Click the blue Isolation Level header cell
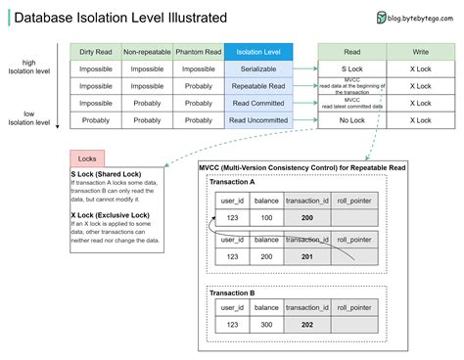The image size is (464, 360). point(258,52)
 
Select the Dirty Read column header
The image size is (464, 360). point(95,52)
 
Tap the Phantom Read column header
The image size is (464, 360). point(199,52)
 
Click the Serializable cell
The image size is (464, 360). point(258,69)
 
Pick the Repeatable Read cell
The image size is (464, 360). point(258,86)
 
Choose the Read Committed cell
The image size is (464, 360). point(258,103)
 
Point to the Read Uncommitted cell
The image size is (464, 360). point(258,120)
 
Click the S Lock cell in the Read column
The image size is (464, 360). point(351,69)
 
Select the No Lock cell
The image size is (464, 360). point(351,120)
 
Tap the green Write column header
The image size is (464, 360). point(420,52)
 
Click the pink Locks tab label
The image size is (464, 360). point(86,157)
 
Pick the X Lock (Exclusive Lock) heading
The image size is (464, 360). point(110,213)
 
